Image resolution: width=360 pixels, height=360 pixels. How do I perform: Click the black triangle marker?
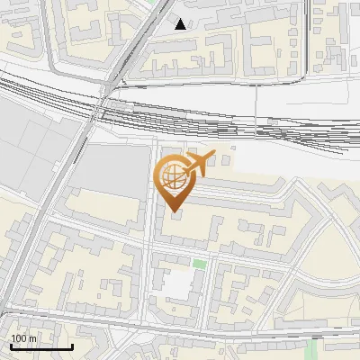[181, 24]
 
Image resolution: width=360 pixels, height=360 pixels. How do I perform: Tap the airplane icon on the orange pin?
[198, 164]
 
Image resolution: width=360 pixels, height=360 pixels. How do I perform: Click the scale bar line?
[40, 346]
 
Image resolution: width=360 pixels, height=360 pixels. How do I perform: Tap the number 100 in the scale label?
[20, 338]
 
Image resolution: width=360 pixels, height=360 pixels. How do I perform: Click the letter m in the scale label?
[32, 338]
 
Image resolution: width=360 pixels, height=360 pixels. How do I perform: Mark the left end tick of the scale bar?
[10, 345]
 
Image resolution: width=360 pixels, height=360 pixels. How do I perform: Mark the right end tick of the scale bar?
[72, 345]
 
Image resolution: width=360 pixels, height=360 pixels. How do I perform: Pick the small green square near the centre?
[199, 264]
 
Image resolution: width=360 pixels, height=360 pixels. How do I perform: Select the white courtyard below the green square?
[179, 286]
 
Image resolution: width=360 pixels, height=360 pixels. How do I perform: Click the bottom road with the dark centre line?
[180, 326]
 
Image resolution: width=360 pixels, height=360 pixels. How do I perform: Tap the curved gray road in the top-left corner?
[54, 49]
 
